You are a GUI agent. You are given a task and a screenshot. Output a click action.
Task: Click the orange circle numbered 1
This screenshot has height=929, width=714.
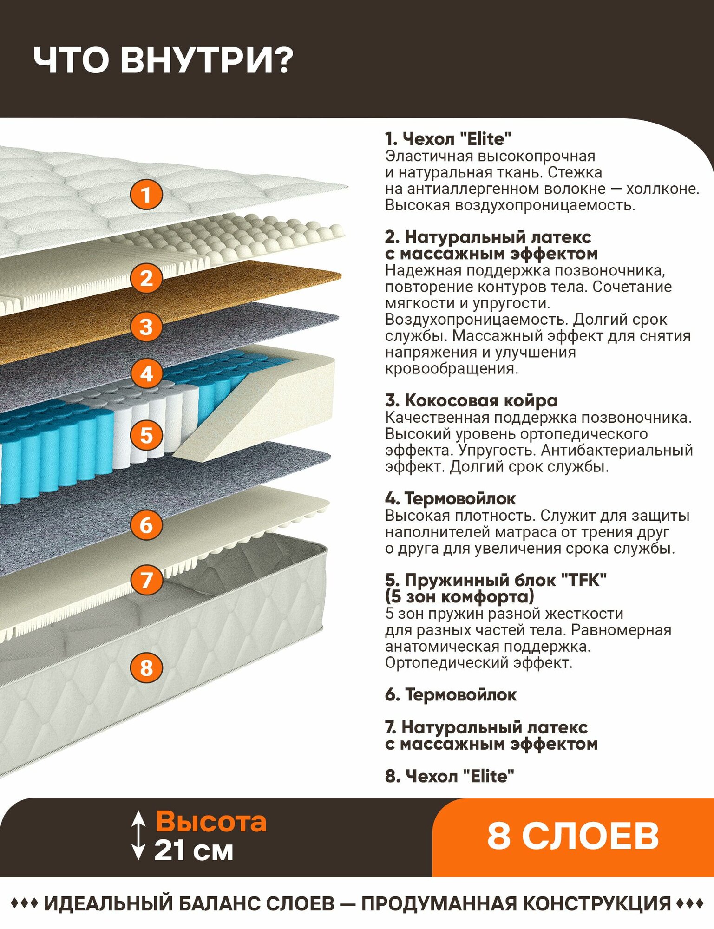[x=146, y=195]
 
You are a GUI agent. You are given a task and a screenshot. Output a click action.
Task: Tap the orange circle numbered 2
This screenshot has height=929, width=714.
[x=146, y=278]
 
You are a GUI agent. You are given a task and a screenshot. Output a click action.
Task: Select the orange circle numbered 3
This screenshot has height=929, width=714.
[x=146, y=327]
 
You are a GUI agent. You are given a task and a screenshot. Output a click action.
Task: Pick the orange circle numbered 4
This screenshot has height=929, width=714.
[x=146, y=374]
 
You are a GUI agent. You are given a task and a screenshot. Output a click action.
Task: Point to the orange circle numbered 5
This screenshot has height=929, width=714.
[x=146, y=436]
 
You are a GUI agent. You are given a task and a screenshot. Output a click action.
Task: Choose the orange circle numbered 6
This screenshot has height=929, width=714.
[x=146, y=525]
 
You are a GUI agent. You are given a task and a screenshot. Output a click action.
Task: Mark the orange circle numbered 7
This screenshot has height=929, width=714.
[x=146, y=580]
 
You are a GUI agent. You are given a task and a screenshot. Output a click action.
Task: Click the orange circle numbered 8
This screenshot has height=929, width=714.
[x=146, y=668]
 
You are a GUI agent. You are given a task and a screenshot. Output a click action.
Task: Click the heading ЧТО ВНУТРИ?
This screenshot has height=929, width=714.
[x=164, y=60]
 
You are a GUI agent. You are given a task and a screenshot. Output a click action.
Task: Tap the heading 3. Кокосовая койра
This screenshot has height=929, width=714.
[x=472, y=400]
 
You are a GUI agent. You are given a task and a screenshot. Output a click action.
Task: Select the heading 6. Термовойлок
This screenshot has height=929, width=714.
[x=451, y=694]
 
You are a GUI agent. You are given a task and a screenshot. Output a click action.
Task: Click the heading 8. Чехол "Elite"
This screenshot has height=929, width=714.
[x=450, y=776]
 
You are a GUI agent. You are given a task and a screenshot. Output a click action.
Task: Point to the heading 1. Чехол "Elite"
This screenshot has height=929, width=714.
[x=448, y=138]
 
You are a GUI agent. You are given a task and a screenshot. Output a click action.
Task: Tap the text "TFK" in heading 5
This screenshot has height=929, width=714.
[x=584, y=580]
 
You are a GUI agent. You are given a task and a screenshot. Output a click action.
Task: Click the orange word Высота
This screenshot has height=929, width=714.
[x=211, y=821]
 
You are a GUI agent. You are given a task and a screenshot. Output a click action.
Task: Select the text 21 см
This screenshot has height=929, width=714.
[x=194, y=851]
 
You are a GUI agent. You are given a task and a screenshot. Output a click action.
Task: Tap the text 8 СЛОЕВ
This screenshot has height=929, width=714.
[x=573, y=836]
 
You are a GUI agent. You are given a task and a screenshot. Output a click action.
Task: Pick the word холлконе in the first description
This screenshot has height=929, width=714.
[x=662, y=189]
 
